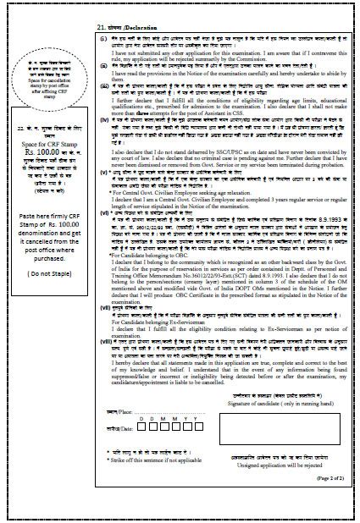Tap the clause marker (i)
102,38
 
